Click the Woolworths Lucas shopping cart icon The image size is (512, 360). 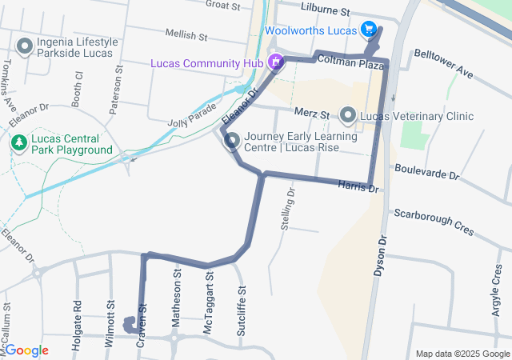(368, 30)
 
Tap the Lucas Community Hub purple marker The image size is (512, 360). (276, 61)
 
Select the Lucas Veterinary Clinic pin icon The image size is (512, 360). (348, 116)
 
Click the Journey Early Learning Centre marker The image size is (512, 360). (232, 142)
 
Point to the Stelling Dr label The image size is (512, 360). (287, 209)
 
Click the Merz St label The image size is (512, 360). (312, 114)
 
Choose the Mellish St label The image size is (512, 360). (186, 36)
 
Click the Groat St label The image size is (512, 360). (222, 6)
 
